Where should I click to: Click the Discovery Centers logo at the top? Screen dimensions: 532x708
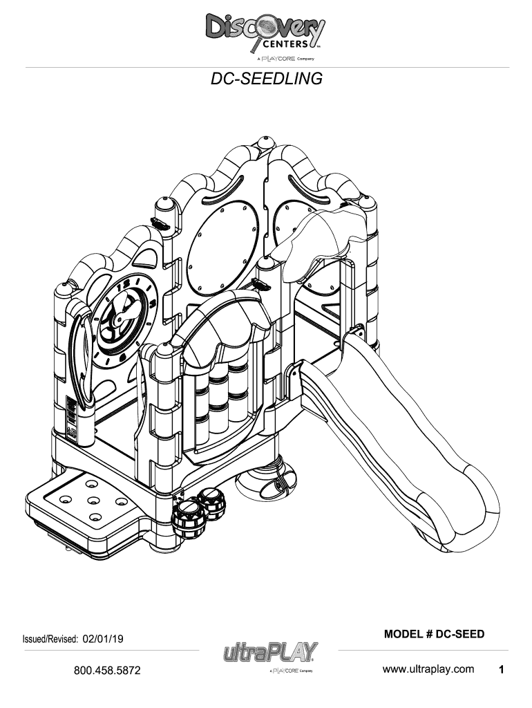tap(265, 37)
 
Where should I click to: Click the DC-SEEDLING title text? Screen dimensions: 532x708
tap(266, 79)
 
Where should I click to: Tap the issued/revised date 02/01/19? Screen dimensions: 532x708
tap(103, 639)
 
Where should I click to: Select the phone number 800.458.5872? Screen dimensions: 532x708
tap(107, 670)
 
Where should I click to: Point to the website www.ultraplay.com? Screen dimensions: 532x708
tap(428, 669)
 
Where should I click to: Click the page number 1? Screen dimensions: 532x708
tap(501, 669)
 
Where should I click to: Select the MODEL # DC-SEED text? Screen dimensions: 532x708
tap(434, 634)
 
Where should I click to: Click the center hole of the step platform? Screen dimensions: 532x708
tap(93, 501)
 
